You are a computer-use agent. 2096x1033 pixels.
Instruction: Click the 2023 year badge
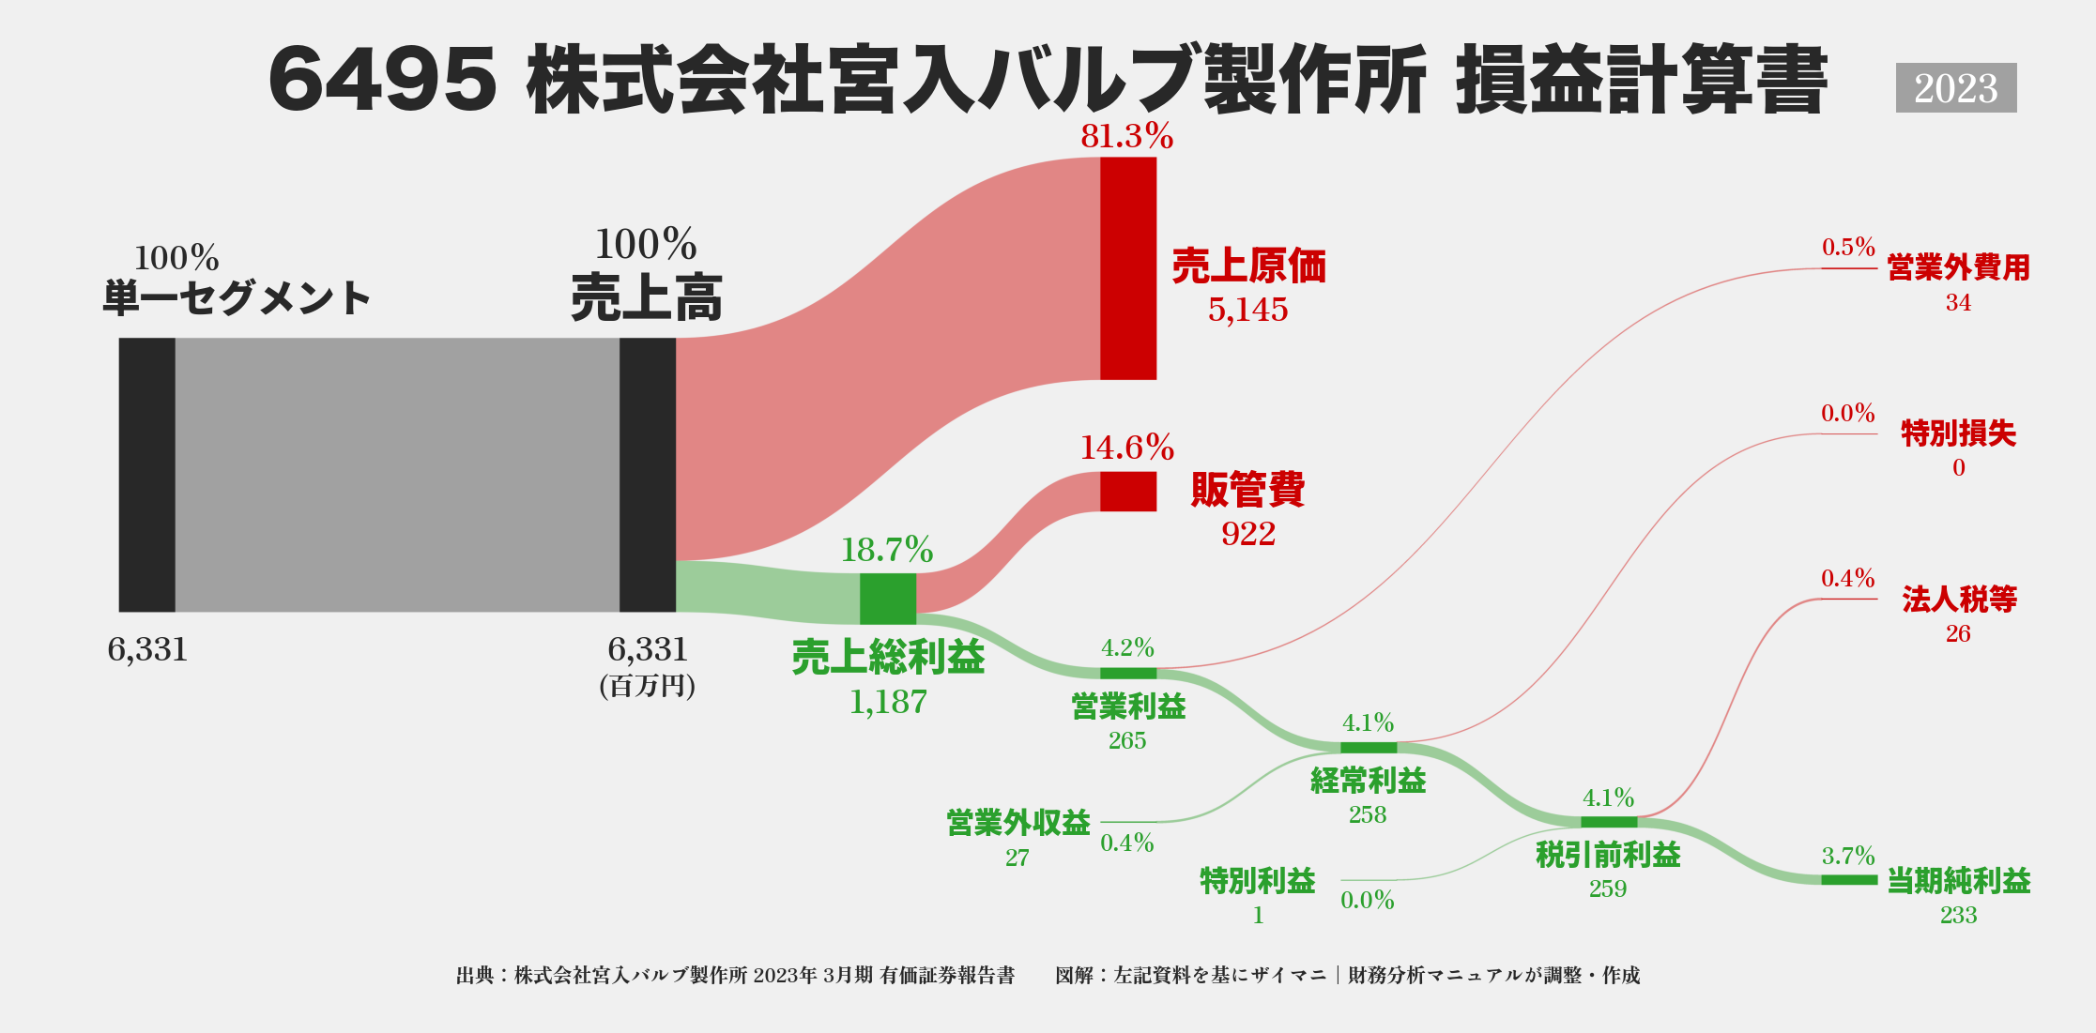1955,88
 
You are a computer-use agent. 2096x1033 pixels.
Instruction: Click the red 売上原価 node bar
1127,268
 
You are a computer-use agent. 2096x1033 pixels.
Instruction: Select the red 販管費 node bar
1127,492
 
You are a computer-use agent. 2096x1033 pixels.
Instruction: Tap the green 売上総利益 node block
887,599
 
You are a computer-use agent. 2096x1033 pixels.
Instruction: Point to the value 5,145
1247,310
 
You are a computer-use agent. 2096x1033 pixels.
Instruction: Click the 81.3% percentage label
1126,137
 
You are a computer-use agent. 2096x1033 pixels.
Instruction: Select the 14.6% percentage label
1126,448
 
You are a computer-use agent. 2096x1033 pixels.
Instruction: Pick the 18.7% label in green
886,550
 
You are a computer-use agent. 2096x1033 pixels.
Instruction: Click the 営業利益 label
1128,706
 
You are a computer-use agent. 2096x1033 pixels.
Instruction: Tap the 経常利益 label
1368,781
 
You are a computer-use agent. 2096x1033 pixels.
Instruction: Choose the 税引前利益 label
1608,855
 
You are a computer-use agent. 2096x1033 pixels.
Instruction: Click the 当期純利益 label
1958,881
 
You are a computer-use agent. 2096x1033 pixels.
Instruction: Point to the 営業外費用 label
1958,267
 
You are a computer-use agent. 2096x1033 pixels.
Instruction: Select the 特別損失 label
1958,433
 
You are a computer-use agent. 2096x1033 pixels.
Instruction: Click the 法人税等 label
1959,599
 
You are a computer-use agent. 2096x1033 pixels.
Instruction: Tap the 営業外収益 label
1017,823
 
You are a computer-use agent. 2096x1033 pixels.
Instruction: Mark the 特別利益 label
1257,881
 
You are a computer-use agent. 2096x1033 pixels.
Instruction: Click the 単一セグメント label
237,298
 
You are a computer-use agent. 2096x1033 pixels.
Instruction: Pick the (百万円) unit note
647,687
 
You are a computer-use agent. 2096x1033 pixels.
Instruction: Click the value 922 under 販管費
1247,534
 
